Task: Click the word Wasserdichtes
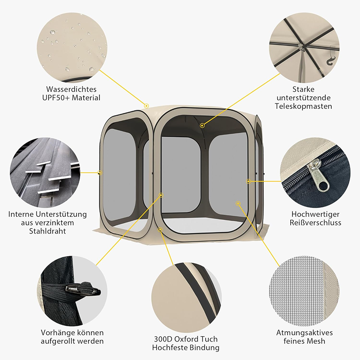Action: tap(71, 89)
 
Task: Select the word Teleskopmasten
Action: tap(303, 106)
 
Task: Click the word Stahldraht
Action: tap(48, 231)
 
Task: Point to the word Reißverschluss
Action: tap(315, 222)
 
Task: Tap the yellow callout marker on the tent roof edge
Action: tap(147, 106)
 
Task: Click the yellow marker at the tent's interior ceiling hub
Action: tap(202, 126)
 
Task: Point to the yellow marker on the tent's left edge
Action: tap(99, 172)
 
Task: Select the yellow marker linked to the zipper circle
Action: tap(248, 181)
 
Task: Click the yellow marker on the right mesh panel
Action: tap(238, 203)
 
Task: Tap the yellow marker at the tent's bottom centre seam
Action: tap(160, 229)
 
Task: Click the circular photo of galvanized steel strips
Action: tap(45, 172)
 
